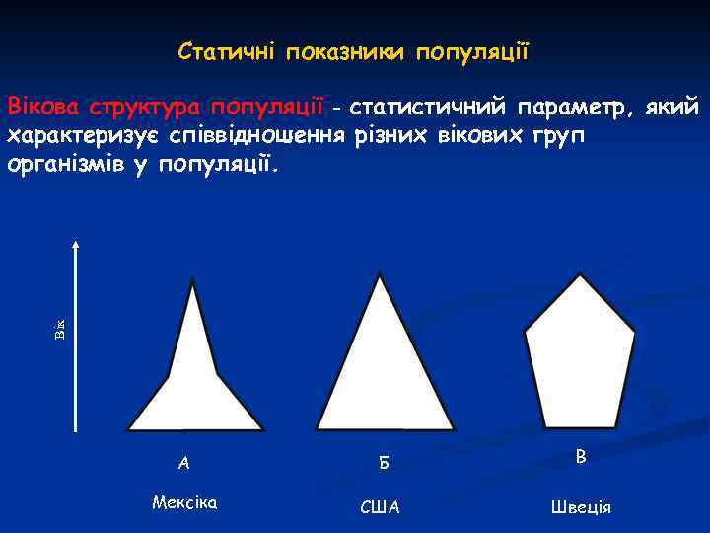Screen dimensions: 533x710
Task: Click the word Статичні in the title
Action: pyautogui.click(x=227, y=50)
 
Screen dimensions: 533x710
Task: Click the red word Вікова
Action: pyautogui.click(x=42, y=106)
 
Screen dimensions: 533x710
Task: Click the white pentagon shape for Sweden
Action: pyautogui.click(x=577, y=355)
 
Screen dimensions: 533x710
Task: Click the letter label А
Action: pyautogui.click(x=183, y=462)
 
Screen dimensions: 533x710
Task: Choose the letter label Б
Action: pyautogui.click(x=383, y=462)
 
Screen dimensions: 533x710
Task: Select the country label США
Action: pyautogui.click(x=381, y=507)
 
